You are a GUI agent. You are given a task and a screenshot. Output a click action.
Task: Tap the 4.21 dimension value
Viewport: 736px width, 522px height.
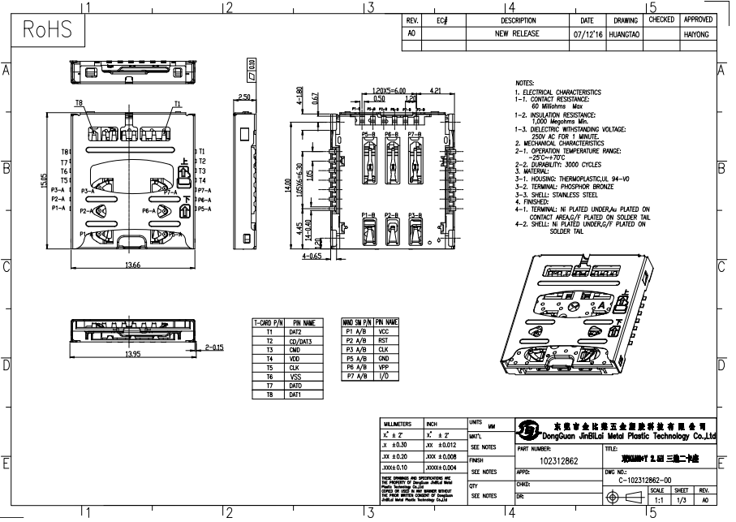435,91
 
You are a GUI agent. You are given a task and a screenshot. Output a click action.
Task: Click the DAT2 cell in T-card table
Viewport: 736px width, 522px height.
297,332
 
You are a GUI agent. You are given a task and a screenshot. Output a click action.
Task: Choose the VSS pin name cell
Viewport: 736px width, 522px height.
297,377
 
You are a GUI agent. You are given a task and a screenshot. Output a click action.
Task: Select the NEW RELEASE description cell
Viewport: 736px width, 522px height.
518,35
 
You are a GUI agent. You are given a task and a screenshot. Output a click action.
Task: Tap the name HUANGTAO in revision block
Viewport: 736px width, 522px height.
625,35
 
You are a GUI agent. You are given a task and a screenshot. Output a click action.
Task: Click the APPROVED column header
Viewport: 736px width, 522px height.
698,19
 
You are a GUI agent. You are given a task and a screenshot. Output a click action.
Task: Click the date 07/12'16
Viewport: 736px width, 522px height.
587,35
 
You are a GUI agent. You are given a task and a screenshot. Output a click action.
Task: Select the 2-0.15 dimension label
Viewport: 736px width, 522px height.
215,347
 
